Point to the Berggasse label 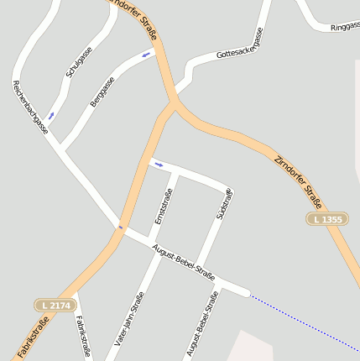[102, 92]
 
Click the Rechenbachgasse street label [29, 107]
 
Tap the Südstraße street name [224, 205]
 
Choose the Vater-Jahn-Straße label [130, 319]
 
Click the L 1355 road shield [325, 219]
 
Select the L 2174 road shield [53, 305]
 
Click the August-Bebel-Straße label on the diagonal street [184, 263]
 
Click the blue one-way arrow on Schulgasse [51, 114]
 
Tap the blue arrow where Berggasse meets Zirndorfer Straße [147, 55]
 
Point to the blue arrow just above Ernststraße [158, 164]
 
